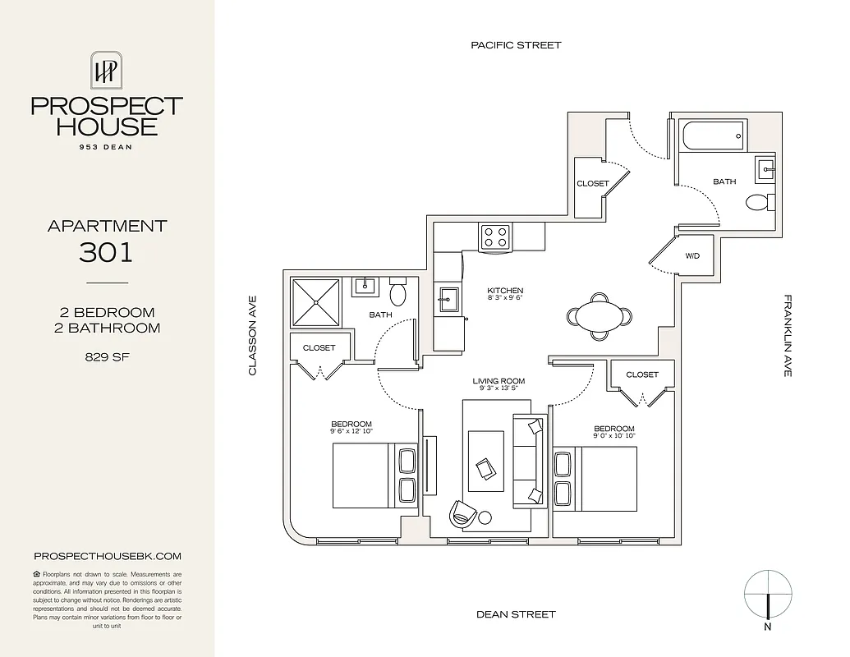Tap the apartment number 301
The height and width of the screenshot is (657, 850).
pos(106,251)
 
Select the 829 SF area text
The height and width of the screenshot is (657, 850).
pos(106,357)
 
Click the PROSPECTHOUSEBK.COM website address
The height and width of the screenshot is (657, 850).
pos(107,556)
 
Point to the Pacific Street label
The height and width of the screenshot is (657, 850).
pos(516,45)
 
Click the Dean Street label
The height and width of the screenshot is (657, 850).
pos(516,614)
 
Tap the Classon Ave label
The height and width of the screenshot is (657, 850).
pos(253,336)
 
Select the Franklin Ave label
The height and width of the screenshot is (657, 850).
pos(787,336)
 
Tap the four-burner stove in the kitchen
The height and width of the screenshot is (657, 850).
pos(495,237)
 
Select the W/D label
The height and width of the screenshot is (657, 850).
pos(692,256)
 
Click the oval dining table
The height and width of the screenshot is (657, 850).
pos(600,315)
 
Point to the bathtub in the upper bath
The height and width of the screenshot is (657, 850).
pos(712,134)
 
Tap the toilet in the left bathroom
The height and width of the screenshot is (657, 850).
pos(398,293)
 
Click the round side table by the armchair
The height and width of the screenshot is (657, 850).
pos(485,517)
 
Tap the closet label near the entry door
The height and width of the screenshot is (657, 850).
pos(592,183)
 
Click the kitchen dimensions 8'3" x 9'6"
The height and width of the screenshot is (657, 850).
pos(504,299)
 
